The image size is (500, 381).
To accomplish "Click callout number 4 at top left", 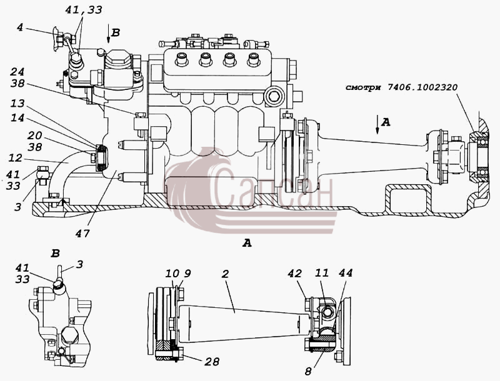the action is (20, 27).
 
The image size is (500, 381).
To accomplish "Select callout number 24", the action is (17, 72).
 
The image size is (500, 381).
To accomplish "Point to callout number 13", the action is (17, 103).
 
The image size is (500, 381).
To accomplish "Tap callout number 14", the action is (17, 118).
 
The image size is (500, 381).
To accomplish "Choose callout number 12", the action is (16, 158).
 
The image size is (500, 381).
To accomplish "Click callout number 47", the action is (82, 234).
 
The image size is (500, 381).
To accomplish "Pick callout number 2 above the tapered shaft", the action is (225, 274).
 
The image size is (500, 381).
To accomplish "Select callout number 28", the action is (212, 361).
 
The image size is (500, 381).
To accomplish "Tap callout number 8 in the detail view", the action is (307, 372).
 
